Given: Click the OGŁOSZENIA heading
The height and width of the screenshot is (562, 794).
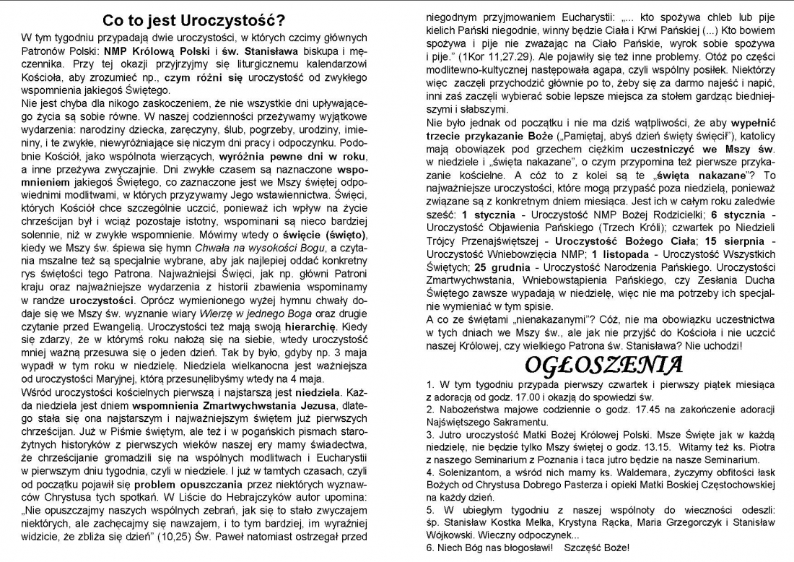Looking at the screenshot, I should click(x=603, y=364).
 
